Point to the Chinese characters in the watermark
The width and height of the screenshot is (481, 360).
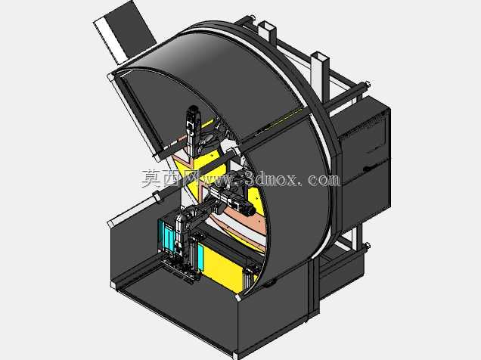tap(169, 178)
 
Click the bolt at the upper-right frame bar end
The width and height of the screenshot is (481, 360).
tap(367, 84)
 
